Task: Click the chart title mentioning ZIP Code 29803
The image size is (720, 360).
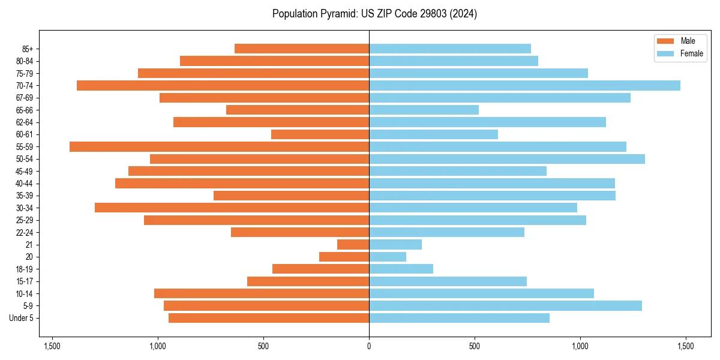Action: [374, 14]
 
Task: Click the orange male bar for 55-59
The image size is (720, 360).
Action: [219, 146]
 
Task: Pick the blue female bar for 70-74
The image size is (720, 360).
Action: [524, 85]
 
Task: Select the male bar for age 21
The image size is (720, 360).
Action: [353, 244]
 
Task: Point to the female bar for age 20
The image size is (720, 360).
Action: [388, 257]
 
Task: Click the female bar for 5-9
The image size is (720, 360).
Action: [505, 305]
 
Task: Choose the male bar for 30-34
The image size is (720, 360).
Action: [232, 208]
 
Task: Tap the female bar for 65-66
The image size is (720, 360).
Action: [424, 110]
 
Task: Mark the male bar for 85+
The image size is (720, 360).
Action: [302, 49]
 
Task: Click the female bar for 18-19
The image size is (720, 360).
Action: [401, 269]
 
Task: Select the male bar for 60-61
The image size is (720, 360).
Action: [320, 134]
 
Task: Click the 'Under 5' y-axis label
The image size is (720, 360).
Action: [22, 318]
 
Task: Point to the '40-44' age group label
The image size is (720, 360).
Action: [25, 183]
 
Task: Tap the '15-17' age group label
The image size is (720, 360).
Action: [25, 281]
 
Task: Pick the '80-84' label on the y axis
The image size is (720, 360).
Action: [25, 61]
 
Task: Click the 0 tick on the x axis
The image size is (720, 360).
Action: [369, 346]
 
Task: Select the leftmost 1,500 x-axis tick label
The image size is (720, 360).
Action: [52, 346]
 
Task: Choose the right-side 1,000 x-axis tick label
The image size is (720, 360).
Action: [580, 346]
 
